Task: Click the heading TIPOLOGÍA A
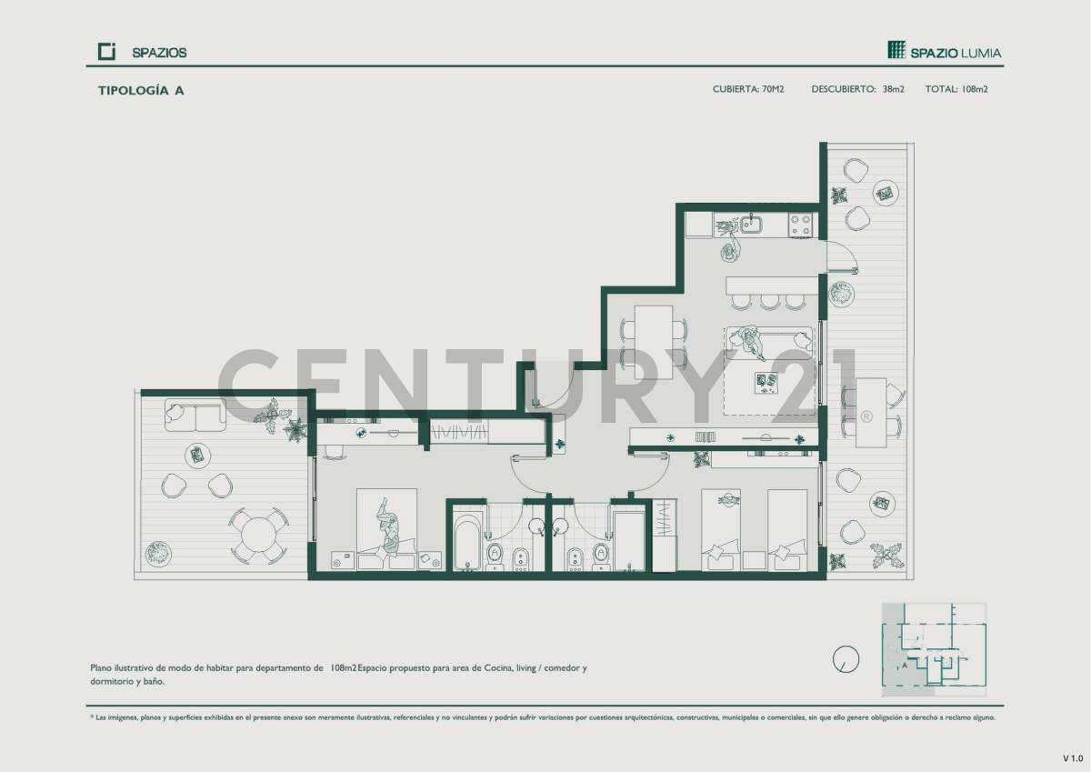pos(141,90)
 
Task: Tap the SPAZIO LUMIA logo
pos(945,51)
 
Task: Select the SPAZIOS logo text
pos(158,53)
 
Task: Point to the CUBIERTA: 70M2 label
pos(748,89)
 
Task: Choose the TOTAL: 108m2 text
pos(956,89)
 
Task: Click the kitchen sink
pos(751,223)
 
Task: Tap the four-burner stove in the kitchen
pos(800,225)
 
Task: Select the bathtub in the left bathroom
pos(466,542)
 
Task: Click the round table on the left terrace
pos(259,535)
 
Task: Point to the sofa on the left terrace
pos(195,415)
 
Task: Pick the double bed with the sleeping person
pos(387,529)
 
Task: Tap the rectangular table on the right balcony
pos(872,412)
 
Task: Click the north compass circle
pos(846,659)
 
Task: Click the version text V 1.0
pos(1074,757)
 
